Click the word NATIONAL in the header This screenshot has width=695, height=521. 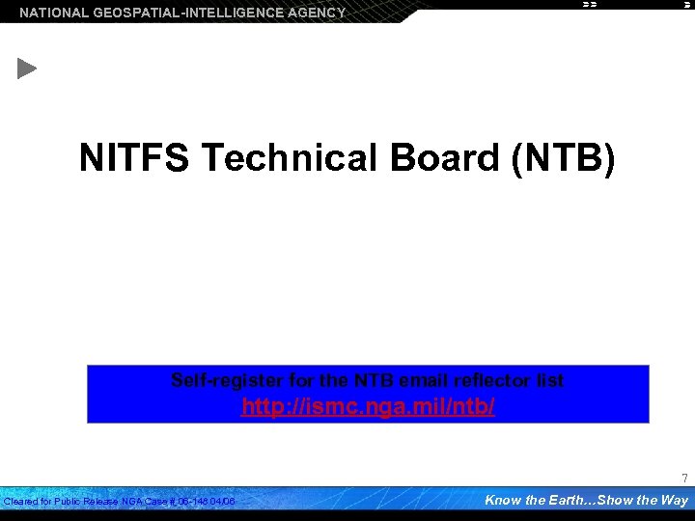pyautogui.click(x=54, y=13)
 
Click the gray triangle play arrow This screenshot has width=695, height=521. pyautogui.click(x=27, y=69)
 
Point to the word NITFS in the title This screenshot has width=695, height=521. pyautogui.click(x=134, y=158)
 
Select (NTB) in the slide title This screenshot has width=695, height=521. pyautogui.click(x=563, y=158)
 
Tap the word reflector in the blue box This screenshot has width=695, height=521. pyautogui.click(x=494, y=380)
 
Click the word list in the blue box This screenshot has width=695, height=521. pyautogui.click(x=551, y=380)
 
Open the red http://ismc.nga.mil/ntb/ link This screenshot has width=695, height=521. pyautogui.click(x=368, y=407)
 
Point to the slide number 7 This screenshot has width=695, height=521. pyautogui.click(x=684, y=479)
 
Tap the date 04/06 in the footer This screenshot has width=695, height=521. pyautogui.click(x=224, y=502)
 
